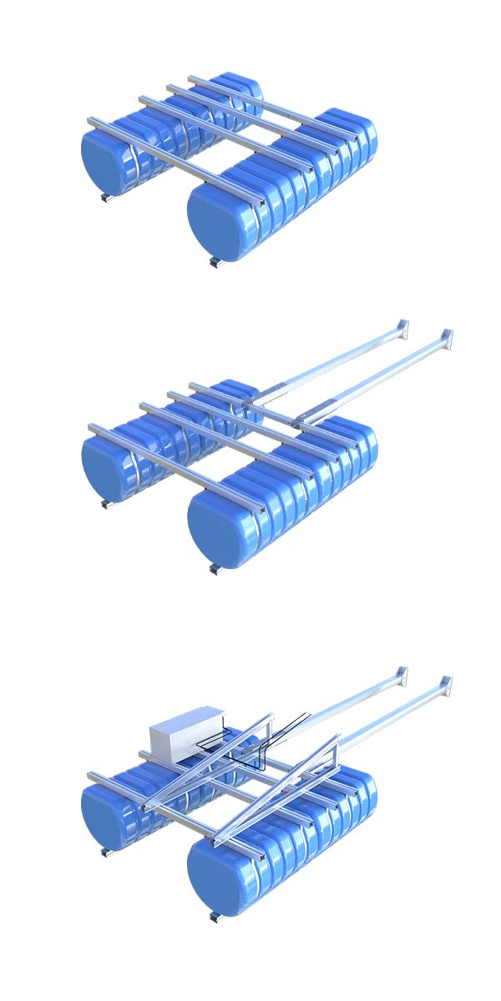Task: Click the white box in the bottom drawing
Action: [186, 732]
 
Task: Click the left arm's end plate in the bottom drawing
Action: [402, 675]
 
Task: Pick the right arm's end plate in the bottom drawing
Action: [447, 686]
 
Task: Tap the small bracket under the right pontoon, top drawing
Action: [214, 264]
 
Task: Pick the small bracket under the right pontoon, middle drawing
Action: [214, 570]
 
